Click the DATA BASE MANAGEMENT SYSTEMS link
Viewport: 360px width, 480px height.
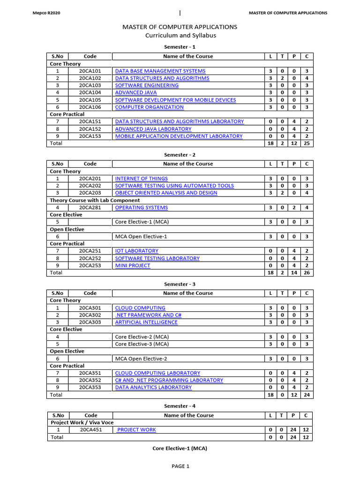[x=160, y=71]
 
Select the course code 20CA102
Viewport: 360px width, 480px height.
[x=90, y=78]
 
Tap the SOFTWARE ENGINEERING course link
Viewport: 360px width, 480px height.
[x=147, y=85]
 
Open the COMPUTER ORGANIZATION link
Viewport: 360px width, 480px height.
[x=149, y=107]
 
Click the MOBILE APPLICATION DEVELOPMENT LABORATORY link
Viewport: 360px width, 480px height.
[x=179, y=136]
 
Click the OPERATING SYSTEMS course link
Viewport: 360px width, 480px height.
[x=141, y=207]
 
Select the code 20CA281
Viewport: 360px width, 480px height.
[x=90, y=207]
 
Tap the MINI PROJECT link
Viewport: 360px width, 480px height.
[x=133, y=265]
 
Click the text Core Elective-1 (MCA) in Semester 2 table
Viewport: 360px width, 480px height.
[x=141, y=222]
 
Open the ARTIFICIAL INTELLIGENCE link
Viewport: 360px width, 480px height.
[x=146, y=322]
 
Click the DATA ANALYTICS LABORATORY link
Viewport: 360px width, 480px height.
[x=153, y=387]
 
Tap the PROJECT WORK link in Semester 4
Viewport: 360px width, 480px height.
[x=136, y=429]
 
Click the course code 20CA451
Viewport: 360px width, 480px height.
[x=91, y=429]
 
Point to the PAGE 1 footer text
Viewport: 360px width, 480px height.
[x=180, y=466]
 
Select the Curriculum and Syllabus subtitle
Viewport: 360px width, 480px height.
[x=180, y=36]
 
